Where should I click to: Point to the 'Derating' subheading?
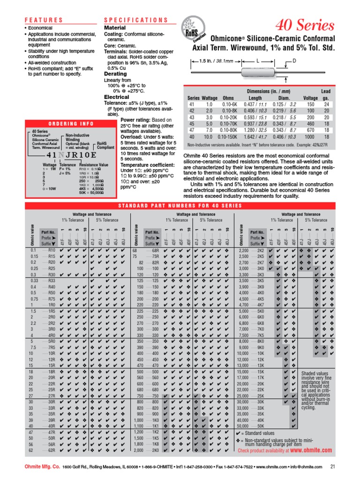115,74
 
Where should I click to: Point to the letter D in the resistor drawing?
294,61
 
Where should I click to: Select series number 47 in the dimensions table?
191,129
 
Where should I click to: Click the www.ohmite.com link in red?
311,450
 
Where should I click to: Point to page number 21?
333,467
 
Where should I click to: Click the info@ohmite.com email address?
304,467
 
